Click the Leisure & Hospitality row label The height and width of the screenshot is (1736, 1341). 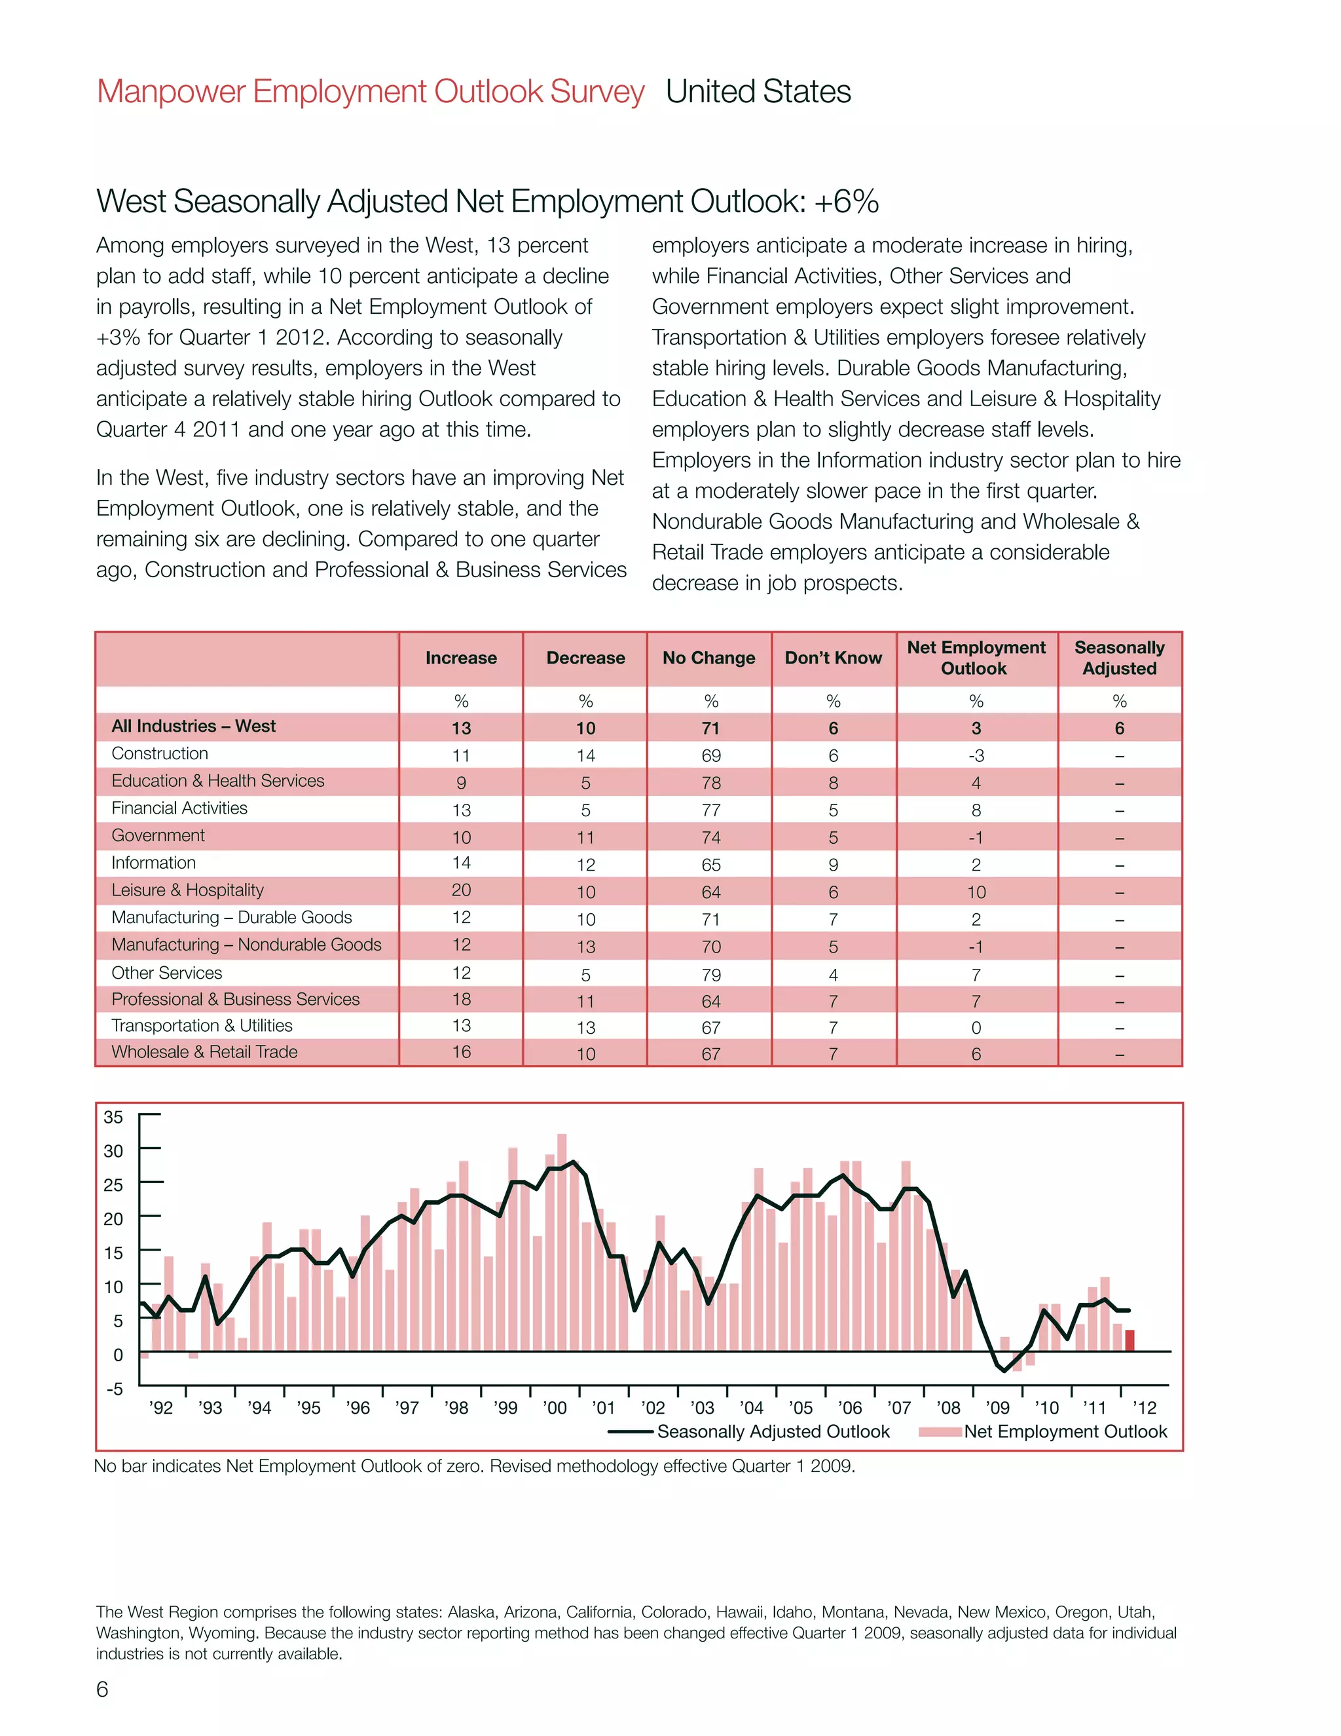(x=187, y=890)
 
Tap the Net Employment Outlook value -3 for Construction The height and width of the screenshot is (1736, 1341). (x=976, y=755)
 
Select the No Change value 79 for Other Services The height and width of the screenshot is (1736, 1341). (x=710, y=975)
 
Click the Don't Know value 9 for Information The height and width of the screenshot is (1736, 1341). (x=833, y=865)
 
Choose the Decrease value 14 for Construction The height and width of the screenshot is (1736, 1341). (x=585, y=755)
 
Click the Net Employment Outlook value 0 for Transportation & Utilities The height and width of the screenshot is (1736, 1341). (x=976, y=1028)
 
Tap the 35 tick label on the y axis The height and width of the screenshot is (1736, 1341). (x=113, y=1117)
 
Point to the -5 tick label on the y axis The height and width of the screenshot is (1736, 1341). (x=115, y=1389)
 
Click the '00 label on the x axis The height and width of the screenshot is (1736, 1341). (x=555, y=1408)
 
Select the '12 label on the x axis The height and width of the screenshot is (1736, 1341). (x=1144, y=1408)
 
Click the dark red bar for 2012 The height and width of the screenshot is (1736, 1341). (x=1130, y=1340)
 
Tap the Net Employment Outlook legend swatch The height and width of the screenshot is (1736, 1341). (x=940, y=1431)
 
